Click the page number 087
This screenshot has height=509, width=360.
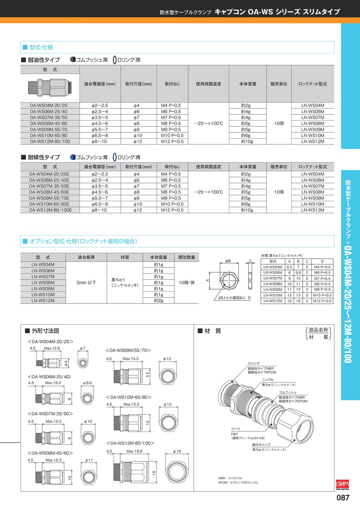[x=344, y=498]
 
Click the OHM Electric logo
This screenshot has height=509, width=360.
[x=343, y=484]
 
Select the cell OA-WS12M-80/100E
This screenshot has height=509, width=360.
[x=50, y=210]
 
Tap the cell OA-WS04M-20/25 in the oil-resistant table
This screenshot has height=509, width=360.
[x=50, y=106]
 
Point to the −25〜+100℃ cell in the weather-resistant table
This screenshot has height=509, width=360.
[x=208, y=192]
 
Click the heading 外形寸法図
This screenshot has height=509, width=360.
[x=46, y=331]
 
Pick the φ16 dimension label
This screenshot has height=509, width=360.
[x=177, y=451]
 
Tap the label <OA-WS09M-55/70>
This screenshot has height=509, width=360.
[x=128, y=350]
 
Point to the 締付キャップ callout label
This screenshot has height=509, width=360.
[x=261, y=445]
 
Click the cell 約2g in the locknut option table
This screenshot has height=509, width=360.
[x=159, y=300]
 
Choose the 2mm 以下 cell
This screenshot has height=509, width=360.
[x=86, y=282]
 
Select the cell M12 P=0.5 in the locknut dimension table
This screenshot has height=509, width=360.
[x=322, y=301]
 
